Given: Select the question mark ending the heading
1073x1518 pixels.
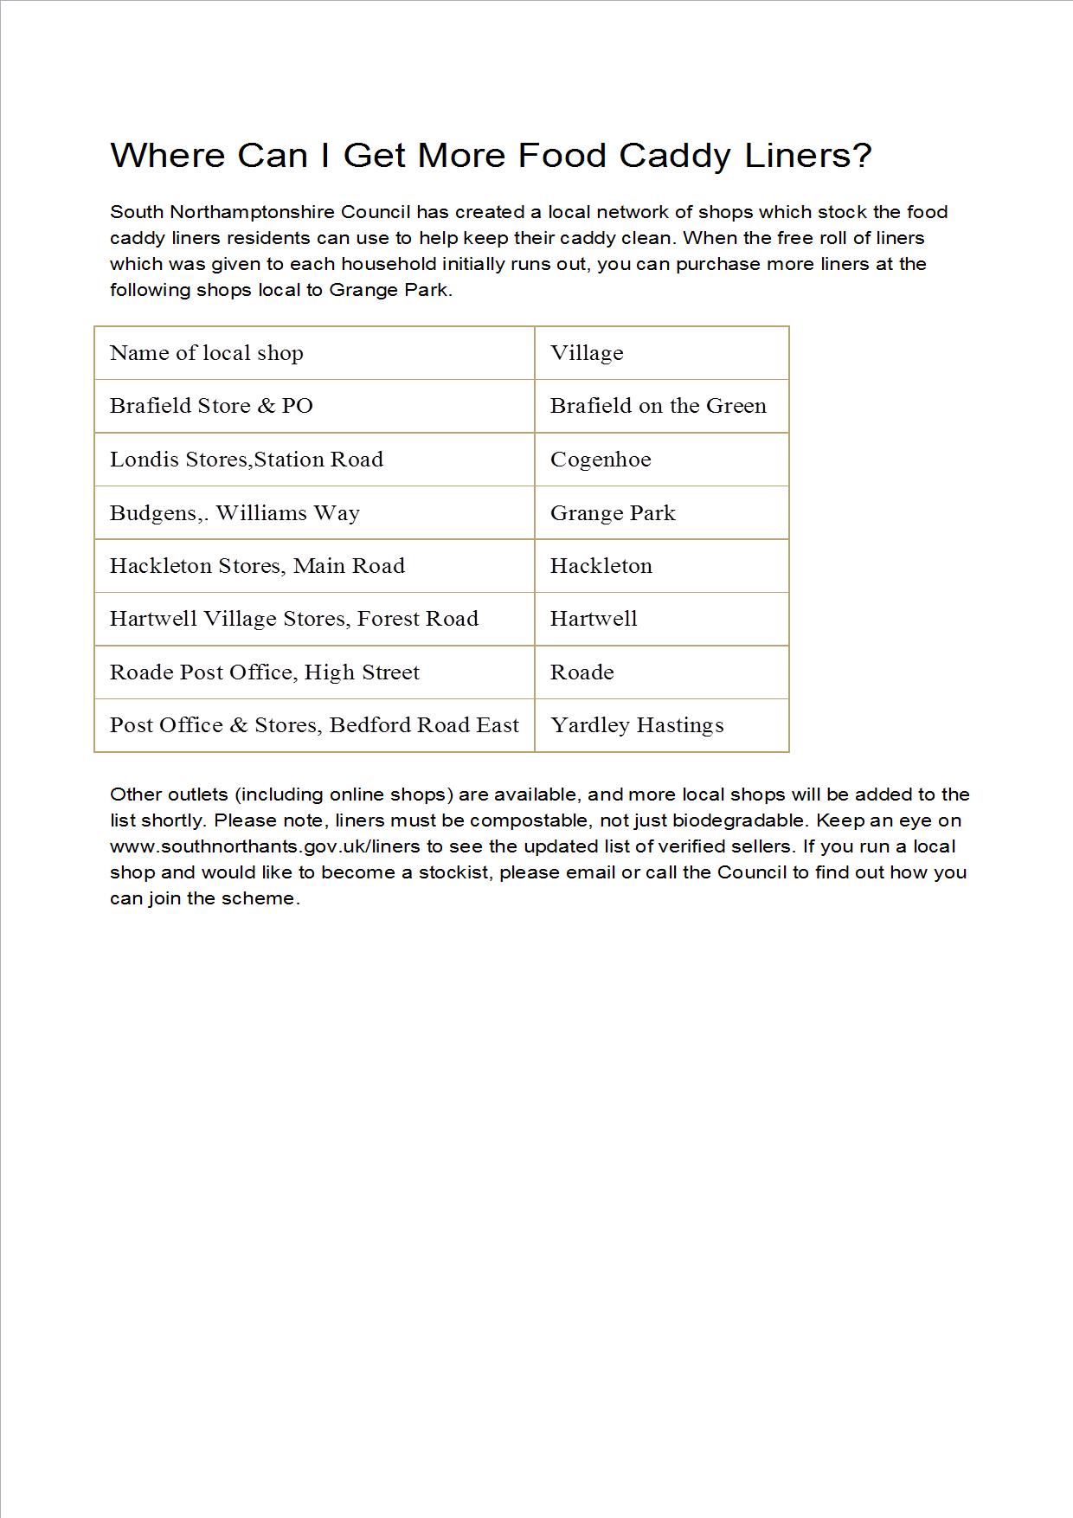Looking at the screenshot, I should tap(862, 156).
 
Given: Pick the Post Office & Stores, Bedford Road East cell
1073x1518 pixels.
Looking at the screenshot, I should tap(314, 725).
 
